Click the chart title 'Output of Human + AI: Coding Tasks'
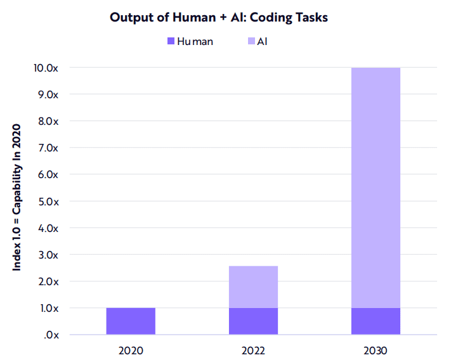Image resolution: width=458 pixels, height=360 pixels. [x=219, y=17]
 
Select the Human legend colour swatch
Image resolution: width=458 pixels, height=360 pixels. [x=171, y=42]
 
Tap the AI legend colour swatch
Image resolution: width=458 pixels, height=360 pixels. [x=251, y=42]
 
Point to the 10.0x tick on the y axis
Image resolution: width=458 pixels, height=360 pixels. [x=47, y=68]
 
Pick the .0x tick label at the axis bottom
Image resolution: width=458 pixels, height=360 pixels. [x=52, y=335]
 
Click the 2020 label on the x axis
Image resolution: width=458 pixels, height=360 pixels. [x=131, y=350]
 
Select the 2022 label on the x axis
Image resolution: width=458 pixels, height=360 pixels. [x=253, y=350]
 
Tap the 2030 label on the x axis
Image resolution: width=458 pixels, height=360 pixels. [x=376, y=350]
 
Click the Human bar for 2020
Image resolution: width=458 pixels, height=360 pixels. [x=131, y=321]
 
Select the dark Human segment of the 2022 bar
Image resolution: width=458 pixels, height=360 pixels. [x=253, y=321]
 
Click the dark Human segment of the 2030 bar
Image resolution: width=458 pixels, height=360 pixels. [x=376, y=321]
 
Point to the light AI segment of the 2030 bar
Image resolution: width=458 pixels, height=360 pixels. [x=376, y=188]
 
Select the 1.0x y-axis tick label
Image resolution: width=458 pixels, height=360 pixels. [x=49, y=309]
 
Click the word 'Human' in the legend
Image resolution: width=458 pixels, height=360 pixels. [x=195, y=42]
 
